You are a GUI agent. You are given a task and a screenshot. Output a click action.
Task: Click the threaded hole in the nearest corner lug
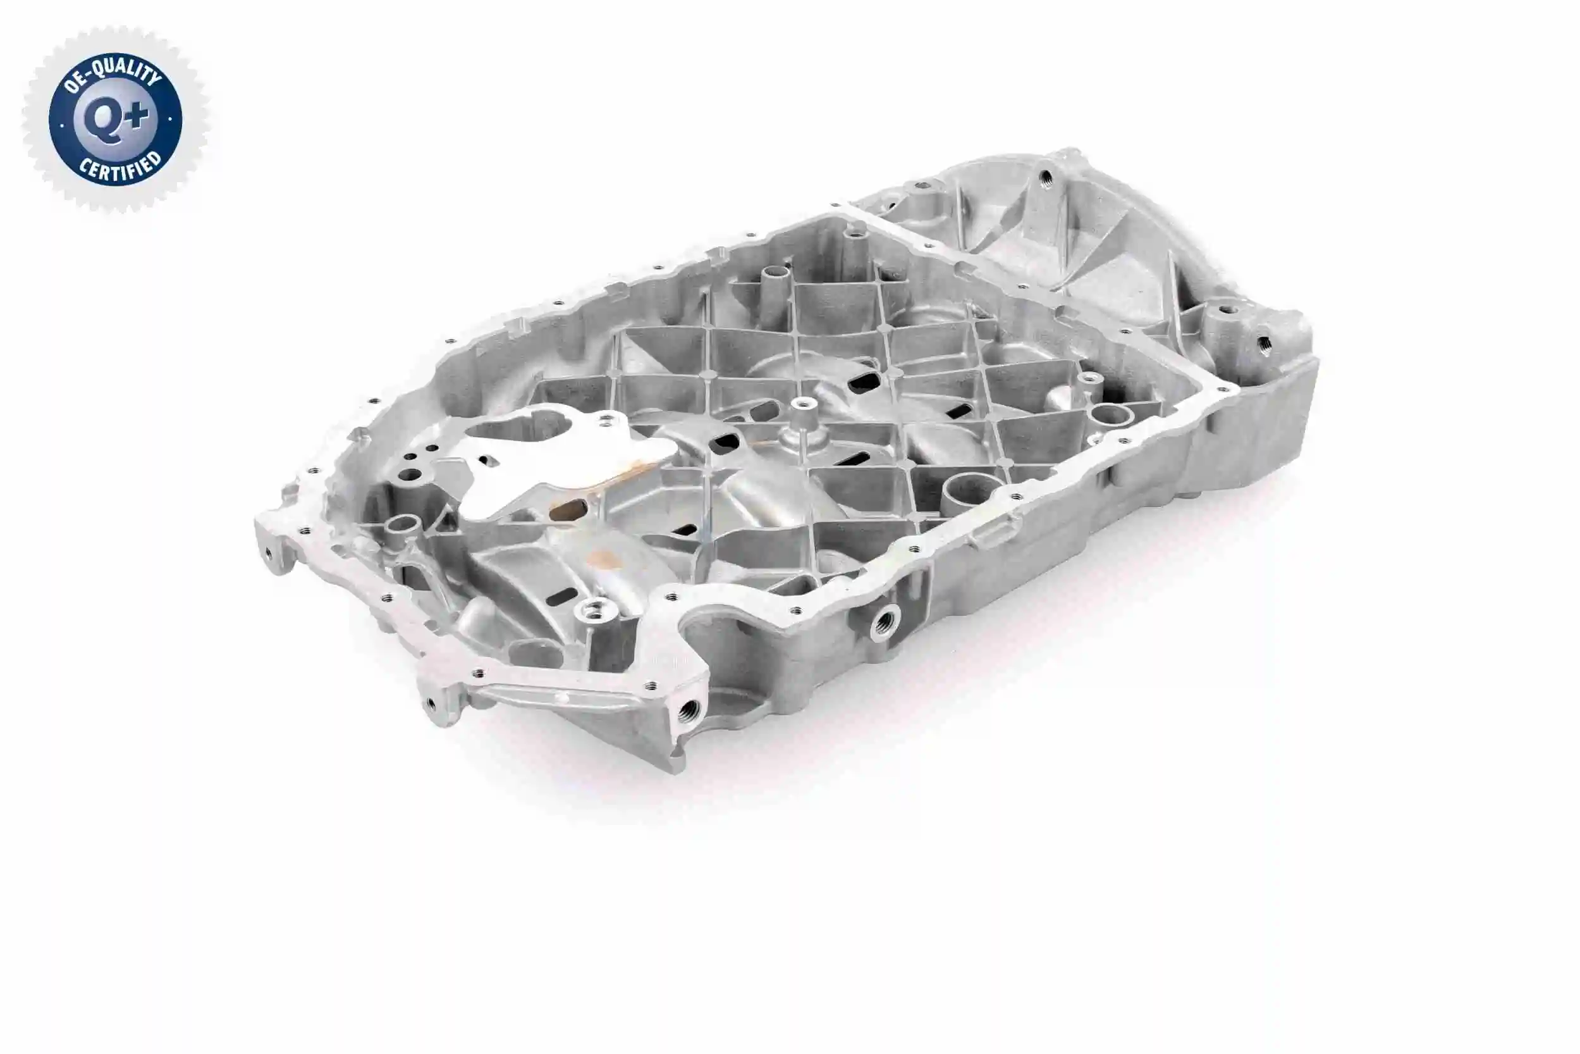click(688, 709)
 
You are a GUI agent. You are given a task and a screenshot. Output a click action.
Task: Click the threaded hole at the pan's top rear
click(1046, 178)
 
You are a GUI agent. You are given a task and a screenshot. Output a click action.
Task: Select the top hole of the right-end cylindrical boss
click(1226, 311)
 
